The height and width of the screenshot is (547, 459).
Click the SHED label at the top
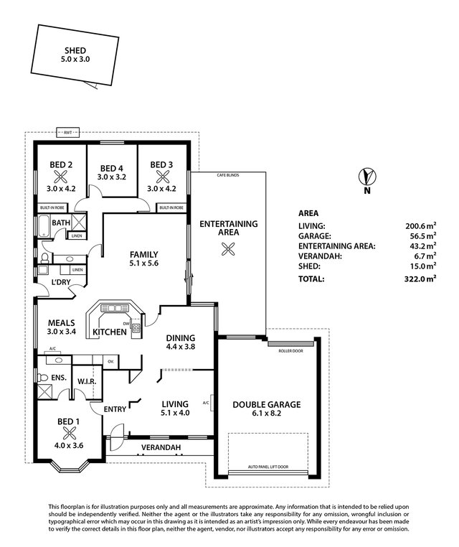[x=75, y=50]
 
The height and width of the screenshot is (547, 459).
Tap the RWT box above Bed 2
[x=68, y=132]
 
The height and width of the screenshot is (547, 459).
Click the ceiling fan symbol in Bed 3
[x=161, y=177]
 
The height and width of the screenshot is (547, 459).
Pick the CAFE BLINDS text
[x=228, y=175]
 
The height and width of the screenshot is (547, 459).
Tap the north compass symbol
[x=367, y=177]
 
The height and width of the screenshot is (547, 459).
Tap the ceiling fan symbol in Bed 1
[x=70, y=432]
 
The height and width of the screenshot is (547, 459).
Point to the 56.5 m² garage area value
[x=423, y=235]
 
